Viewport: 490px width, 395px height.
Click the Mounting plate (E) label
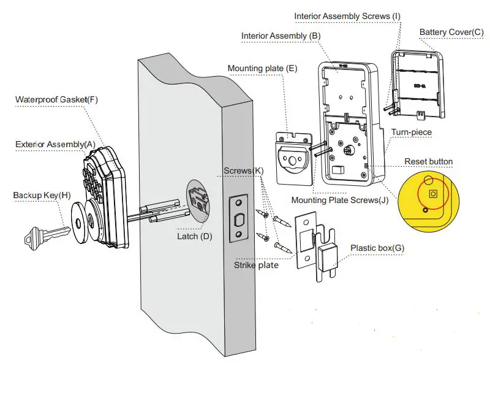click(262, 68)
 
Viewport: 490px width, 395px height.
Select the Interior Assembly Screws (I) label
click(347, 15)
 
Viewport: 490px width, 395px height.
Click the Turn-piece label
click(411, 132)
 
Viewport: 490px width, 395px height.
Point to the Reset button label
click(429, 162)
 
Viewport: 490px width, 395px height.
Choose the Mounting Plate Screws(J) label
click(340, 200)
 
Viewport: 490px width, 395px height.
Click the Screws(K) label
click(244, 170)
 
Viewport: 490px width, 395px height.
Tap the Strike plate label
click(257, 265)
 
